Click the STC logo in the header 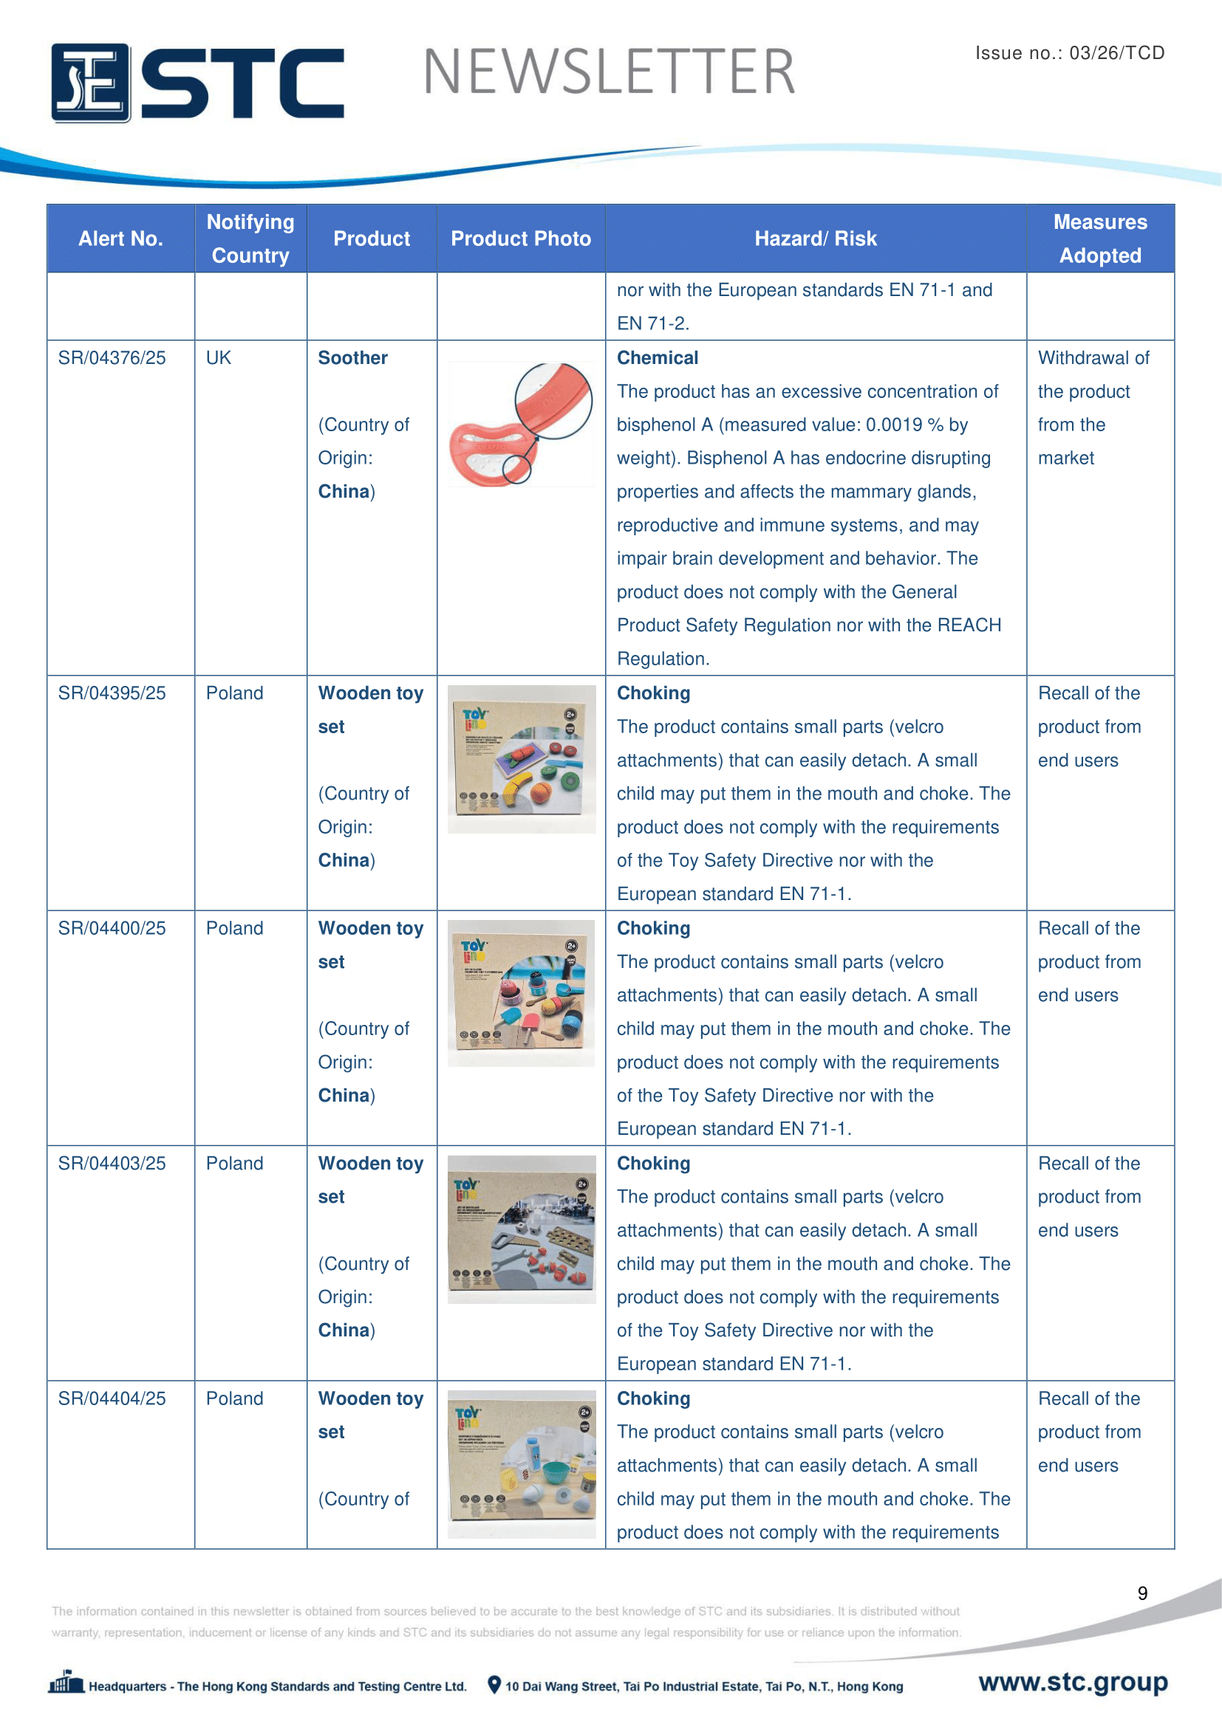click(x=197, y=83)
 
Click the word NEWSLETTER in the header click(x=609, y=72)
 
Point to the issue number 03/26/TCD click(x=1116, y=52)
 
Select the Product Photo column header click(x=521, y=238)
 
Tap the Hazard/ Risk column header click(x=815, y=238)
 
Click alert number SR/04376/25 click(x=112, y=358)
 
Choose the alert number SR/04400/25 click(x=112, y=928)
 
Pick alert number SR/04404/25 click(x=112, y=1398)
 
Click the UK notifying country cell click(x=218, y=358)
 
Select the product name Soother click(x=353, y=358)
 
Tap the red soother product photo click(x=521, y=425)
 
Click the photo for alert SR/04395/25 click(x=521, y=759)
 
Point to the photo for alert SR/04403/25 click(x=521, y=1229)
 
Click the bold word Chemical click(x=658, y=358)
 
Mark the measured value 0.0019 click(x=894, y=425)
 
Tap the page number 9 click(x=1142, y=1593)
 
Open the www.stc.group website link click(x=1073, y=1682)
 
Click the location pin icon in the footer click(x=494, y=1685)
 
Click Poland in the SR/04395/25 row click(x=235, y=693)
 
